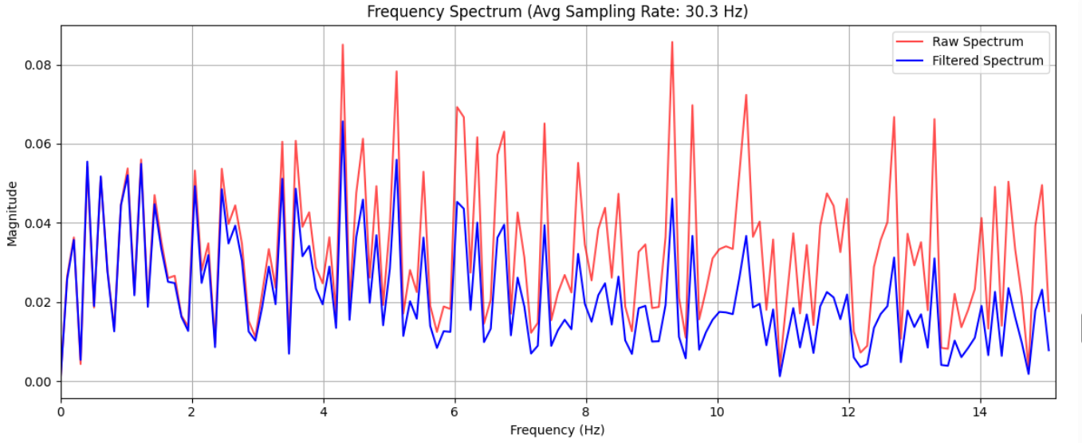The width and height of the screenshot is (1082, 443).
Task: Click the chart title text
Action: pyautogui.click(x=557, y=11)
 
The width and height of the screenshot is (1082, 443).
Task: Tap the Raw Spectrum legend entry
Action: pyautogui.click(x=977, y=41)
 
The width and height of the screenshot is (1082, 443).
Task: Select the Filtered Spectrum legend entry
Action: pyautogui.click(x=987, y=61)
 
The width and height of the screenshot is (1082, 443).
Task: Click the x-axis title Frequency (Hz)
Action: pyautogui.click(x=557, y=430)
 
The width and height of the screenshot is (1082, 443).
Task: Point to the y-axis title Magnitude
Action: pyautogui.click(x=12, y=214)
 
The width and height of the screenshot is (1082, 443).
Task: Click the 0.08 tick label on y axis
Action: pyautogui.click(x=37, y=65)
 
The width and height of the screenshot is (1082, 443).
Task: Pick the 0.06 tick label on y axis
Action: pyautogui.click(x=37, y=144)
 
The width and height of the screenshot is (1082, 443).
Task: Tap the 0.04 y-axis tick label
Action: pyautogui.click(x=37, y=223)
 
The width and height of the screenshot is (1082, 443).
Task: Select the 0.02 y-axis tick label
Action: pyautogui.click(x=37, y=303)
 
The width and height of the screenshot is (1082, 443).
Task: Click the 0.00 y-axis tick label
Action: pyautogui.click(x=37, y=382)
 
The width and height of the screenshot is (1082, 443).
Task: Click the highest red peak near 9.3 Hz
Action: pyautogui.click(x=672, y=42)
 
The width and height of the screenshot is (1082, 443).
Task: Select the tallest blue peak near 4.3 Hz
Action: pyautogui.click(x=343, y=122)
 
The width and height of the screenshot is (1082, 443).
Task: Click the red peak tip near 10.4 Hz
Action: pyautogui.click(x=746, y=95)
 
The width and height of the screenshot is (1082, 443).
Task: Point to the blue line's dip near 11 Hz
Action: pyautogui.click(x=780, y=375)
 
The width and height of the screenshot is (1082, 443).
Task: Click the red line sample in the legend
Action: pyautogui.click(x=912, y=41)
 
